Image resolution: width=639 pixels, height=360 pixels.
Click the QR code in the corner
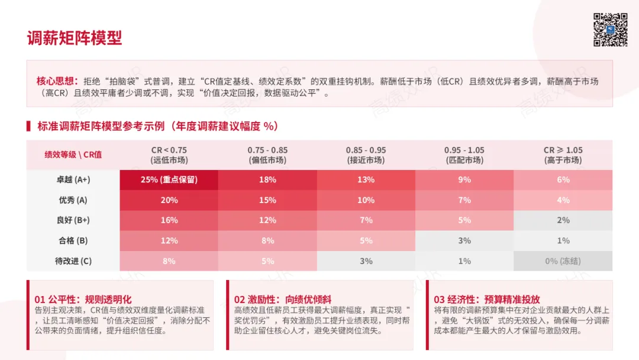tap(610, 30)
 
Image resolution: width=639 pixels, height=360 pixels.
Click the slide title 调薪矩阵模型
tap(75, 38)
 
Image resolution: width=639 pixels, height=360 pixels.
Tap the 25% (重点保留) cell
tap(169, 180)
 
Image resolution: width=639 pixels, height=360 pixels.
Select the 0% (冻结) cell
tap(563, 261)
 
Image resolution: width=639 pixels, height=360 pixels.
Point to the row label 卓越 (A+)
tap(73, 180)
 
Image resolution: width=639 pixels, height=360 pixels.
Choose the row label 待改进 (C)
tap(73, 261)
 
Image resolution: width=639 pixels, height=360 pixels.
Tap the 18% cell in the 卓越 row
tap(268, 180)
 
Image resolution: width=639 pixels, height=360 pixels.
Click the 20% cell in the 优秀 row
tap(169, 200)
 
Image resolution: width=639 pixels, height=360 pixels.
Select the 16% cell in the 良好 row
tap(169, 220)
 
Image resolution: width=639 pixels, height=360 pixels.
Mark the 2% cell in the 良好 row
tap(563, 220)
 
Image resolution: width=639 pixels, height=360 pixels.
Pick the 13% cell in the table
tap(366, 180)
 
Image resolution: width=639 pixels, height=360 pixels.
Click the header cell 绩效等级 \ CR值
tap(73, 155)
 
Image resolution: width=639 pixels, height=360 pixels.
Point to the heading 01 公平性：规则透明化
tap(83, 299)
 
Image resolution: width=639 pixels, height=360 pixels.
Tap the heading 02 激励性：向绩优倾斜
tap(282, 299)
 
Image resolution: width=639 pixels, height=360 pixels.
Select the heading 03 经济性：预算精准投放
tap(486, 299)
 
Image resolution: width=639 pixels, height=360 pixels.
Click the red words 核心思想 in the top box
tap(54, 81)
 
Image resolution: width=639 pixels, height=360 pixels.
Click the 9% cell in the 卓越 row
tap(464, 180)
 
